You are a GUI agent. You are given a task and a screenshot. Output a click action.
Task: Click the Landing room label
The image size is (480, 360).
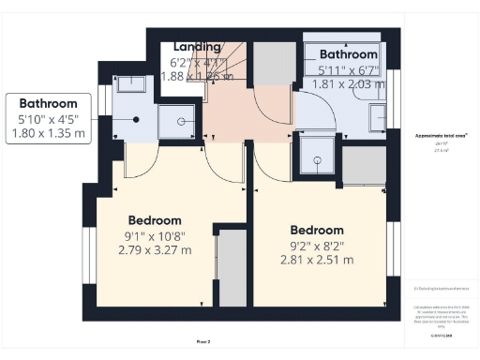197,47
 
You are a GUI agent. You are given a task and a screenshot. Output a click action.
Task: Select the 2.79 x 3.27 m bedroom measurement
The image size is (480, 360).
155,249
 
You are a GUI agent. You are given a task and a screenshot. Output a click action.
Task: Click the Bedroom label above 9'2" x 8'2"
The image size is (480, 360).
317,230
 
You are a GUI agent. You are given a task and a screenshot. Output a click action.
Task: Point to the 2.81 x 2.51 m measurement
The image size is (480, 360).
315,260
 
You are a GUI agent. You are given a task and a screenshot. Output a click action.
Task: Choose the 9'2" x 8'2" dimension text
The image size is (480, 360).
316,245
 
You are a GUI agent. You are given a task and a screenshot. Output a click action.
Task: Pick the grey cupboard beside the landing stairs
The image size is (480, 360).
272,66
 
